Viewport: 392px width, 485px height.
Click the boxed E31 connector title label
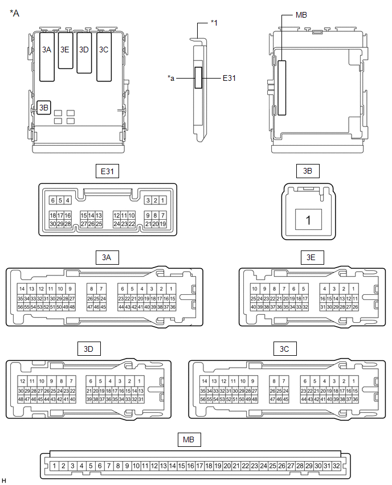coord(108,171)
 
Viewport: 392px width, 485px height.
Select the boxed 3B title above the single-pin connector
coord(308,171)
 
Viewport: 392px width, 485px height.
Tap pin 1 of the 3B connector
coord(308,219)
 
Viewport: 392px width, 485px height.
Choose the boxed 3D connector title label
coord(88,348)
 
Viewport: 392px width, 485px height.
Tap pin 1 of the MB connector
coord(54,466)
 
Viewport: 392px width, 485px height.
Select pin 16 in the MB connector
coord(191,466)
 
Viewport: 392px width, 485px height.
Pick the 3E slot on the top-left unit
coord(65,50)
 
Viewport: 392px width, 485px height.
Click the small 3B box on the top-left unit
coord(44,107)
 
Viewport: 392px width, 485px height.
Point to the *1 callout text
coord(214,23)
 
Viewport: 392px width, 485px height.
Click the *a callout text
coord(171,78)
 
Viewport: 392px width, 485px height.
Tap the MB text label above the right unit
coord(301,15)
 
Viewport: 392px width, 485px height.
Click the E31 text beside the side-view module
coord(229,78)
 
